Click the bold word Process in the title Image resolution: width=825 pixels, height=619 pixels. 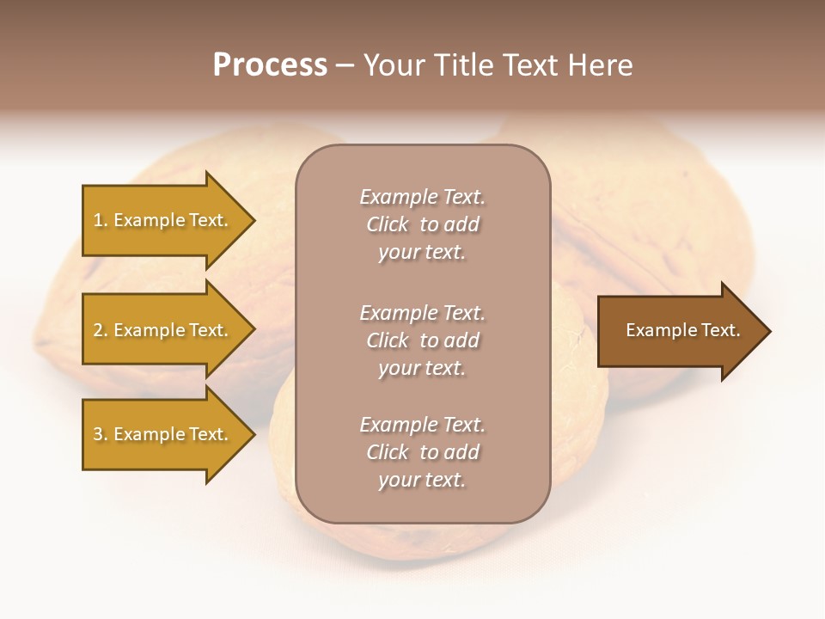tap(270, 65)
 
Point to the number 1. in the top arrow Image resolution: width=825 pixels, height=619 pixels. tap(101, 221)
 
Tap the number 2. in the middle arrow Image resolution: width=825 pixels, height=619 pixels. tap(101, 331)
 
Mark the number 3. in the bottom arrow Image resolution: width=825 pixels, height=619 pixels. tap(101, 435)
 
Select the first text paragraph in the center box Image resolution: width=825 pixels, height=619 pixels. tap(422, 224)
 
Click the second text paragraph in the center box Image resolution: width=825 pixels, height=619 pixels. tap(422, 340)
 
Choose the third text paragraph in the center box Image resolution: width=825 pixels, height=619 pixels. tap(422, 452)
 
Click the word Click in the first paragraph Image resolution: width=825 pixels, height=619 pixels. tap(387, 225)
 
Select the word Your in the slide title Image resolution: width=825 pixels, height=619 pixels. tap(391, 65)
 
